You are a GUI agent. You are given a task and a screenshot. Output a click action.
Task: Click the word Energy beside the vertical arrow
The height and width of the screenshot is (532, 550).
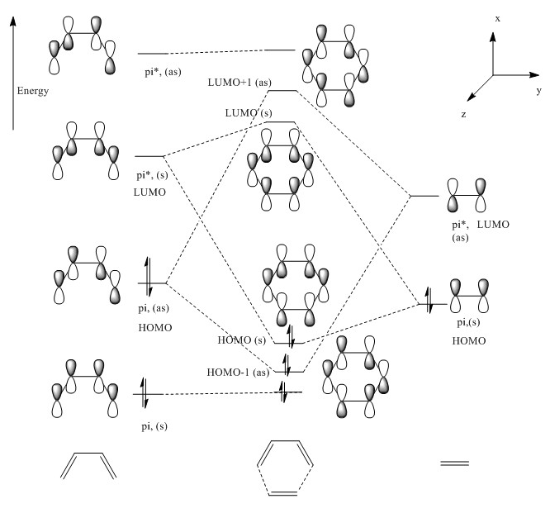(32, 91)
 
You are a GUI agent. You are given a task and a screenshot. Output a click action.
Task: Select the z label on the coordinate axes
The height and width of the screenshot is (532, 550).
(463, 114)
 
